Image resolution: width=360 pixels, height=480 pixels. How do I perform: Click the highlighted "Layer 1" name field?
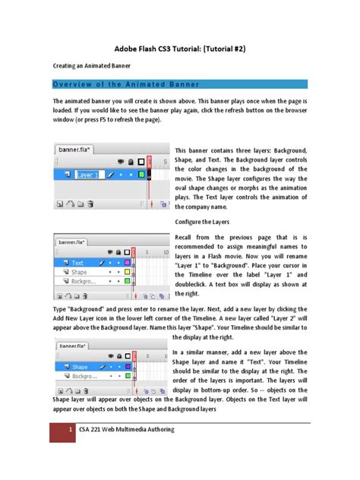click(x=88, y=175)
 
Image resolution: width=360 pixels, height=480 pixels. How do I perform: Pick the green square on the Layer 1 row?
click(x=141, y=175)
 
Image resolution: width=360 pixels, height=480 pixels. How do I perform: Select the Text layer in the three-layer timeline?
click(x=78, y=262)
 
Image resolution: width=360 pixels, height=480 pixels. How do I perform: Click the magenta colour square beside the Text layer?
click(x=127, y=262)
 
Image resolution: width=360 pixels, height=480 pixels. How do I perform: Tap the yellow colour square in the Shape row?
click(x=127, y=271)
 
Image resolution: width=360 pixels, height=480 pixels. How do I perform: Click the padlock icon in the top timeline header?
click(x=131, y=162)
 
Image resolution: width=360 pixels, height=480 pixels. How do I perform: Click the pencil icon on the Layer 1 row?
click(x=111, y=175)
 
